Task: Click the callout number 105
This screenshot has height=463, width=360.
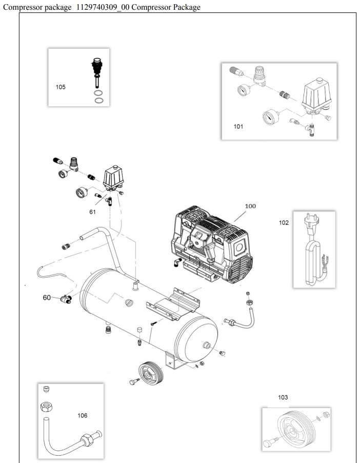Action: [61, 87]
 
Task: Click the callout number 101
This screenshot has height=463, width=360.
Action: [238, 126]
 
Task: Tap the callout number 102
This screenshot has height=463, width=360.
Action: [283, 223]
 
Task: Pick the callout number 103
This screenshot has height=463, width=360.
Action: [283, 397]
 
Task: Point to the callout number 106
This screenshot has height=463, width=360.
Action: [82, 415]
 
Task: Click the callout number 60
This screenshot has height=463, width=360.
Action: [47, 297]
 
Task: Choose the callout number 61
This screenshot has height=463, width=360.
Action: [93, 211]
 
